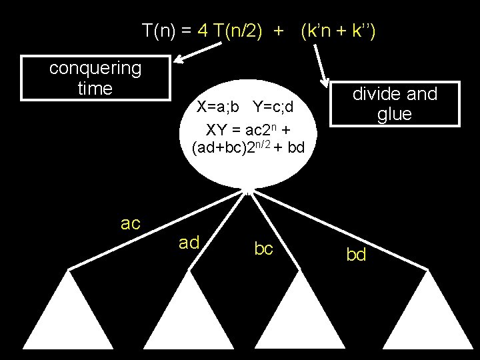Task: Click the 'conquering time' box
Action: tap(95, 78)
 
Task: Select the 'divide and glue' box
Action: tap(395, 104)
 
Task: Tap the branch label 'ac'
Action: tap(131, 223)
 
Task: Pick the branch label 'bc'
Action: tap(264, 248)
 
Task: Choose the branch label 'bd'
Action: tap(356, 255)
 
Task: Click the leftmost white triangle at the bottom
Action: tap(67, 320)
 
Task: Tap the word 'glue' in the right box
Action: tap(395, 114)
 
